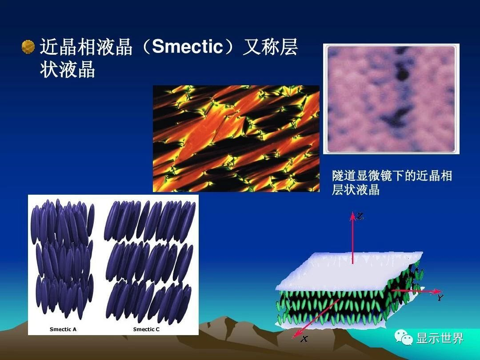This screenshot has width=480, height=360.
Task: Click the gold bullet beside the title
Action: pos(28,47)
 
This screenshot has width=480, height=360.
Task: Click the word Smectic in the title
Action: pos(188,47)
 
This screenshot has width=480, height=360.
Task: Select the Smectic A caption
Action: pos(63,329)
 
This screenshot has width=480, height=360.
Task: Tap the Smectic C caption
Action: pos(146,329)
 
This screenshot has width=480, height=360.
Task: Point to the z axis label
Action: pos(360,216)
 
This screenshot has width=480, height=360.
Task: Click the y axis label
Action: pos(440,297)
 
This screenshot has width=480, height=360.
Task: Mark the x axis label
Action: pos(304,339)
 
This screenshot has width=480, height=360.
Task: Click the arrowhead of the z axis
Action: pos(352,215)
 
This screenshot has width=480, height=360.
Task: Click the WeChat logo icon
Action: pos(404,337)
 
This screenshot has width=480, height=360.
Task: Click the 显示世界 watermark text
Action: pos(440,338)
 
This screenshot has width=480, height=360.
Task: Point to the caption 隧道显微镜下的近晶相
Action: pos(392,176)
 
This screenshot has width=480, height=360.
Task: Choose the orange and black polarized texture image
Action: pos(236,139)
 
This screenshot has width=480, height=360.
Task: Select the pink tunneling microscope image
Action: pos(391,99)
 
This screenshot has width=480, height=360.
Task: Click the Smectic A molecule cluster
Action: pos(63,260)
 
